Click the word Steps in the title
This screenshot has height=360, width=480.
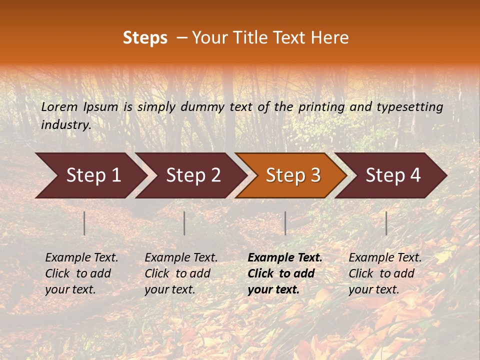(145, 38)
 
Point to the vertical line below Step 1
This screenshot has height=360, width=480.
(84, 223)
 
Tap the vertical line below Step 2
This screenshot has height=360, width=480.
(184, 223)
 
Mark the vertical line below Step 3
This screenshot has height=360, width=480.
(285, 223)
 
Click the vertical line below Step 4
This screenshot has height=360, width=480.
(386, 223)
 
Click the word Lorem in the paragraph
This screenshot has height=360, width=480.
(59, 106)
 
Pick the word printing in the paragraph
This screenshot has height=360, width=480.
(321, 106)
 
